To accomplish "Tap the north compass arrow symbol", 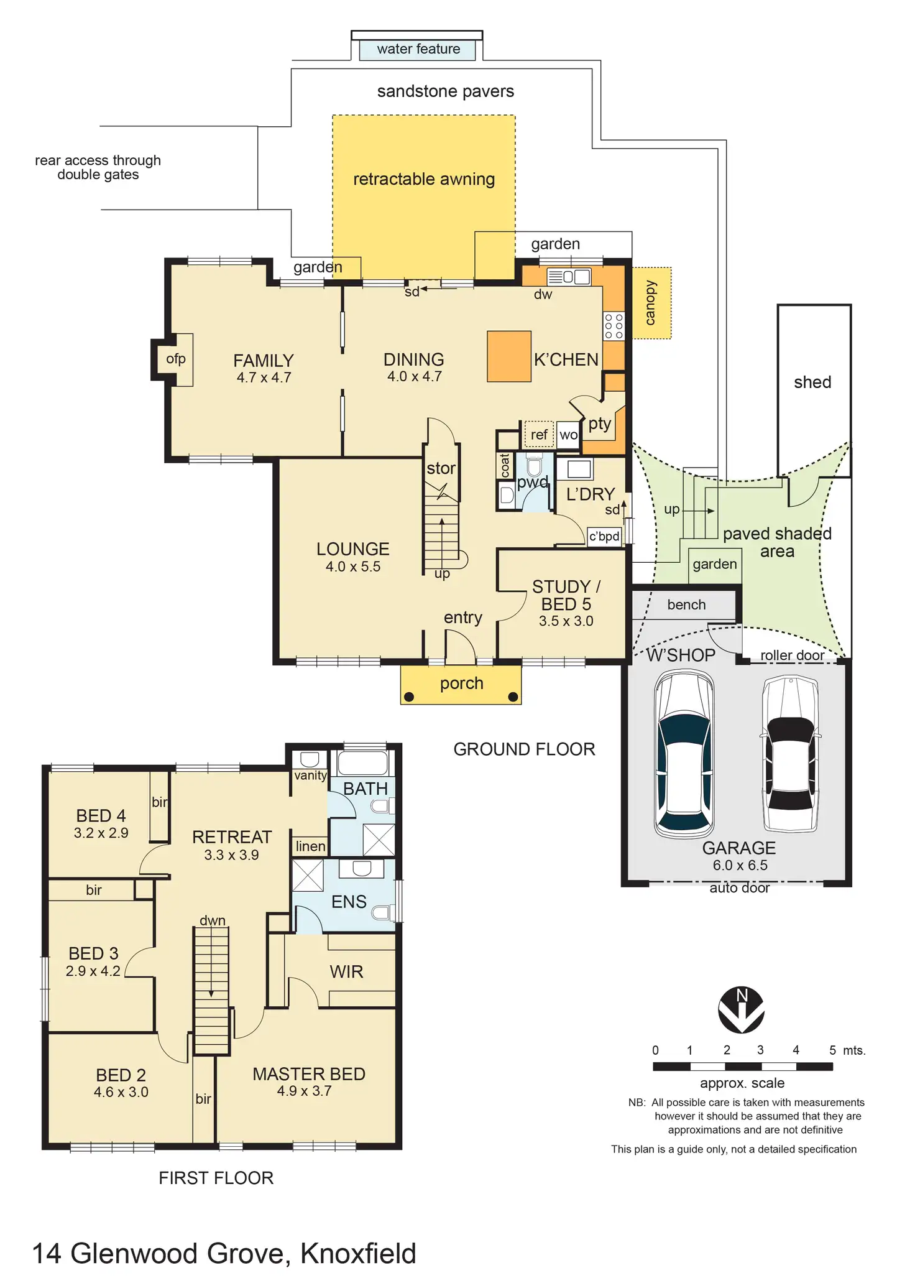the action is click(x=741, y=1009).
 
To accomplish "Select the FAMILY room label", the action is click(x=264, y=361).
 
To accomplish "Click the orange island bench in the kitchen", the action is click(x=509, y=356).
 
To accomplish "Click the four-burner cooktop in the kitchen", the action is click(x=614, y=326).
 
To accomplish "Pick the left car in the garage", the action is click(x=684, y=754).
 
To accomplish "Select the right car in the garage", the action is click(x=790, y=754).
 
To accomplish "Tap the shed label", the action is click(x=812, y=382).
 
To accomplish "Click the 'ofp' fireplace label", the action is click(x=176, y=359).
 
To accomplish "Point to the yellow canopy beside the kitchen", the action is click(x=651, y=303).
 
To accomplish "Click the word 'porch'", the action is click(x=461, y=683).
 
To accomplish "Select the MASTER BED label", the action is click(x=309, y=1074).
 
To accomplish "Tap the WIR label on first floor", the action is click(x=346, y=971).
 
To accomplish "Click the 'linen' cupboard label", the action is click(x=310, y=846).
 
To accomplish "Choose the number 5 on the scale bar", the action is click(x=832, y=1050).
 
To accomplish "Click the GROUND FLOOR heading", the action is click(x=524, y=749).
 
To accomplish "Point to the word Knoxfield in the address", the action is click(x=358, y=1253).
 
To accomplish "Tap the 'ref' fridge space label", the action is click(x=539, y=435).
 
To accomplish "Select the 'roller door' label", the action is click(x=792, y=655).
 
